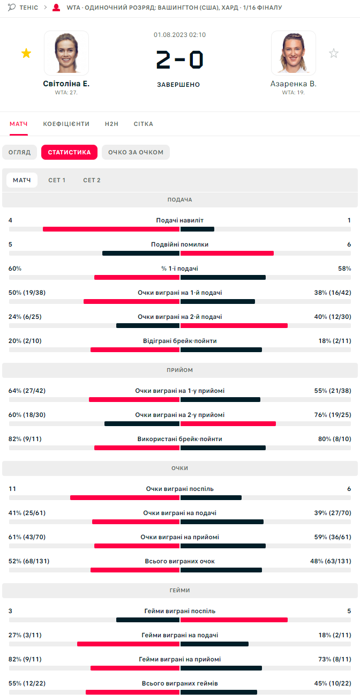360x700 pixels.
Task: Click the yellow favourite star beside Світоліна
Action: [26, 53]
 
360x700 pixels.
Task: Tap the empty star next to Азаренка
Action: [334, 53]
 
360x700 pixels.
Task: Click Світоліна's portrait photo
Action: [66, 53]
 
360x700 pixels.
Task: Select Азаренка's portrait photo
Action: [293, 53]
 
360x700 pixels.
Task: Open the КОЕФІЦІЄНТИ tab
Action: [66, 124]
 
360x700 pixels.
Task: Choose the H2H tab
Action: [111, 124]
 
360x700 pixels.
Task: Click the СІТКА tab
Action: [144, 124]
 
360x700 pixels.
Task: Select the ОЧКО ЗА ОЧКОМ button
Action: [136, 152]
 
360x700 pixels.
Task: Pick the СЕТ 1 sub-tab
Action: [57, 180]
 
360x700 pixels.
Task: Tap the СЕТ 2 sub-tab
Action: [92, 180]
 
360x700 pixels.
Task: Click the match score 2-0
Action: [180, 59]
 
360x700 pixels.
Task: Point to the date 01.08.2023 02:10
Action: [180, 35]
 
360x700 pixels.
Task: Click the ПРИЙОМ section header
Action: [180, 370]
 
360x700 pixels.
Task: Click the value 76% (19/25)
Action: [333, 415]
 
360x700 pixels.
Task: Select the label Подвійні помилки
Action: [180, 244]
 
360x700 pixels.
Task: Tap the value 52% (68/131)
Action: [27, 561]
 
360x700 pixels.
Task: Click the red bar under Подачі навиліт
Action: [111, 229]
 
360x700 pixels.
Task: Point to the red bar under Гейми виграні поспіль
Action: [234, 620]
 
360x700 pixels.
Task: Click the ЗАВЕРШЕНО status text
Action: [178, 85]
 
